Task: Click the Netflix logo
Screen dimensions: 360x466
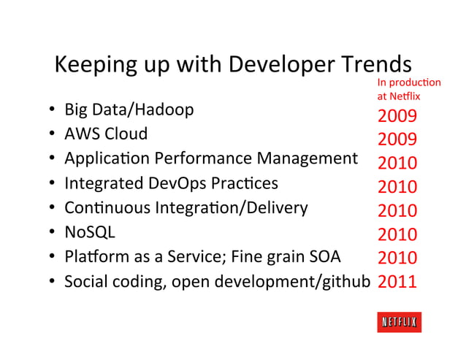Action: click(399, 322)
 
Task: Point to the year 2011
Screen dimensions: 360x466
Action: click(397, 281)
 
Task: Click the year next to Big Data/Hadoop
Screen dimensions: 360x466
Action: click(397, 117)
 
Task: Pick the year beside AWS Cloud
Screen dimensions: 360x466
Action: click(397, 140)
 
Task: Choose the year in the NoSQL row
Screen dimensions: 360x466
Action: click(397, 234)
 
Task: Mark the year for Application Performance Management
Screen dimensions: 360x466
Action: click(397, 164)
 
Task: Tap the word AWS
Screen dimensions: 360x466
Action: click(82, 134)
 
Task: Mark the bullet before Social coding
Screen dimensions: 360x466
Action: click(53, 282)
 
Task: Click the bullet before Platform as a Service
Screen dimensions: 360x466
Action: click(53, 257)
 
